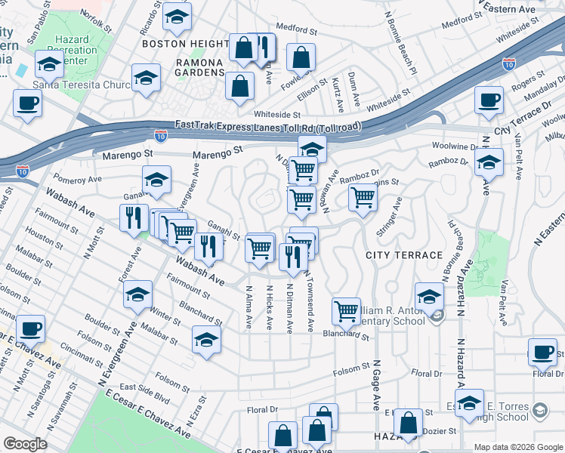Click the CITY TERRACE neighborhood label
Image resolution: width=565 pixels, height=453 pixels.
pyautogui.click(x=404, y=255)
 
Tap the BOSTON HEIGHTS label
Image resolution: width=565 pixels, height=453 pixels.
pyautogui.click(x=185, y=45)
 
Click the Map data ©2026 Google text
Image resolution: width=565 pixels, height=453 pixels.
pyautogui.click(x=518, y=447)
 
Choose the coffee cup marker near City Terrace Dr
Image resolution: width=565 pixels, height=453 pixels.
pyautogui.click(x=489, y=99)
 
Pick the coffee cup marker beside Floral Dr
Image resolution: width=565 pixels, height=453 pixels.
pyautogui.click(x=542, y=352)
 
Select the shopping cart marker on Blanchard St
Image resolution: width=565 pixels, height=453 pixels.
pyautogui.click(x=346, y=310)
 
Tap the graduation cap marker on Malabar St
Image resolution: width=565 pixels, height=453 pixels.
pyautogui.click(x=206, y=339)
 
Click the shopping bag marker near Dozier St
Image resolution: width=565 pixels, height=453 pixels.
pyautogui.click(x=408, y=424)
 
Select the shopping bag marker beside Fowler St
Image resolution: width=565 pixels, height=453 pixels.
pyautogui.click(x=301, y=57)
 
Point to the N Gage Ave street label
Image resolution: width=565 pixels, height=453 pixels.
pyautogui.click(x=375, y=385)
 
